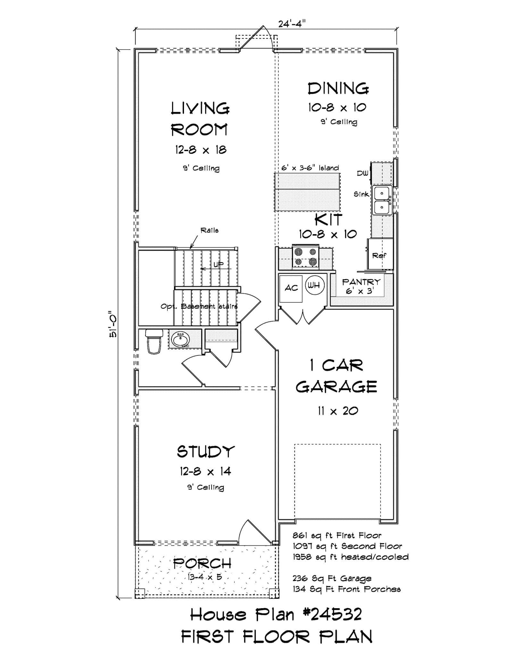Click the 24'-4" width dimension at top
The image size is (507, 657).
pyautogui.click(x=292, y=24)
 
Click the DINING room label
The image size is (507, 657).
pyautogui.click(x=338, y=89)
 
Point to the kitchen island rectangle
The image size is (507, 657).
pyautogui.click(x=307, y=192)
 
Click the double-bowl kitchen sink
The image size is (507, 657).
pyautogui.click(x=382, y=200)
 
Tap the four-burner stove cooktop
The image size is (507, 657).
pyautogui.click(x=305, y=257)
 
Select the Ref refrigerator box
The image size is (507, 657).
pyautogui.click(x=380, y=255)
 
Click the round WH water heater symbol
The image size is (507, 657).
pyautogui.click(x=315, y=285)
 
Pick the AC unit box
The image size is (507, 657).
pyautogui.click(x=291, y=288)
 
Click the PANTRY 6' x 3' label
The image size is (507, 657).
pyautogui.click(x=361, y=286)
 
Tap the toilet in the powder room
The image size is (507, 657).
pyautogui.click(x=154, y=342)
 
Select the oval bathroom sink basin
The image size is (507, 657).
pyautogui.click(x=180, y=339)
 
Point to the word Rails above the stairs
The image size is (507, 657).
pyautogui.click(x=210, y=230)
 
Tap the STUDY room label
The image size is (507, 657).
pyautogui.click(x=206, y=452)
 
